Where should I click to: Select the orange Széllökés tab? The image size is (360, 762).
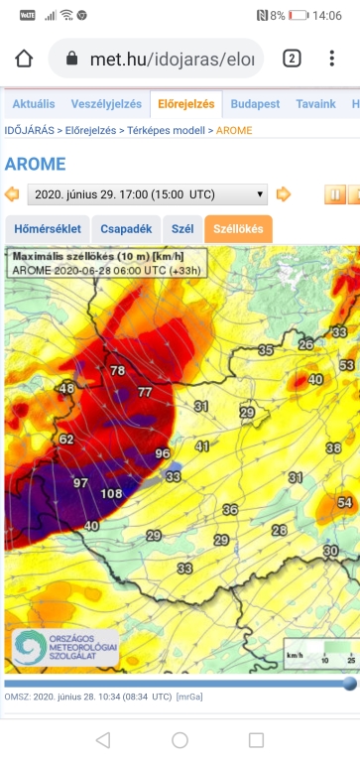pos(238,228)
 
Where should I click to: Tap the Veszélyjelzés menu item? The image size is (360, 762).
pos(105,103)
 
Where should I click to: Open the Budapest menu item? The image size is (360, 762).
pos(255,103)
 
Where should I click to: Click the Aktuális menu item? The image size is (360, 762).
pos(33,103)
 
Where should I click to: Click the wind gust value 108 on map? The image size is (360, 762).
pos(112,493)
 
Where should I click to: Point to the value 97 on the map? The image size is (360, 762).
pos(81,482)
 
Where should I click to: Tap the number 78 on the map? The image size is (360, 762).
pos(118,370)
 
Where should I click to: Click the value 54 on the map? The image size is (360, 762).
pos(345,504)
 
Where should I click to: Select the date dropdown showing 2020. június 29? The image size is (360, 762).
pos(147,193)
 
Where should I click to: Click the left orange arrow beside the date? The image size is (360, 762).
pos(12,193)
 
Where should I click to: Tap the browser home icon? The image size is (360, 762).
pos(24,59)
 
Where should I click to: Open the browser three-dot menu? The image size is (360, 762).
pos(331,59)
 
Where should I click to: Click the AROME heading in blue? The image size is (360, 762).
pos(35,164)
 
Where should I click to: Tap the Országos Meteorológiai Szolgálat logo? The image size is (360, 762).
pos(63,647)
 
